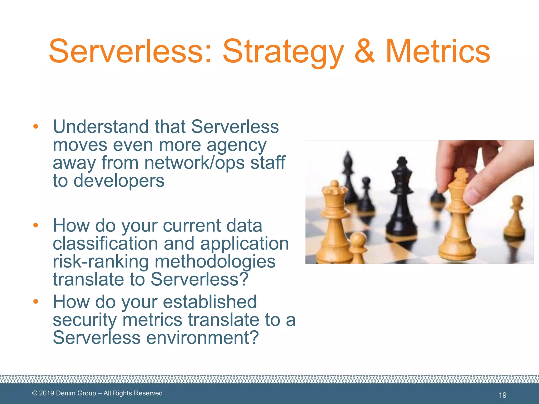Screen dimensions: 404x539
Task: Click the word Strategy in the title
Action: pos(283,52)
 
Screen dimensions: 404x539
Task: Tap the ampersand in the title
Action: pos(364,51)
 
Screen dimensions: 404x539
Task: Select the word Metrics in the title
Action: pos(437,51)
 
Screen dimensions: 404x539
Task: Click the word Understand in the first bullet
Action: pos(101,127)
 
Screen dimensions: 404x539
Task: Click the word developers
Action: pos(119,181)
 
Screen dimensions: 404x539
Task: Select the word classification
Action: pos(105,244)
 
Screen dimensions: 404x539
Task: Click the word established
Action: pos(209,302)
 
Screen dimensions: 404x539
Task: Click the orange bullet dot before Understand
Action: pos(36,127)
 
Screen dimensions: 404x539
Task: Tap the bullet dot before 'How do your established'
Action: pos(36,301)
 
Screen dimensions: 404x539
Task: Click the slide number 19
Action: pos(502,395)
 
